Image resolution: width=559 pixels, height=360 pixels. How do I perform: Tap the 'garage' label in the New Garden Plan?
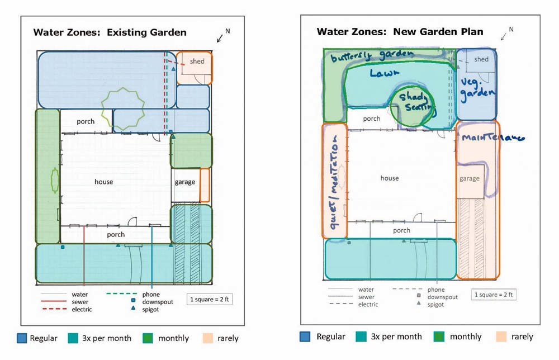pyautogui.click(x=470, y=178)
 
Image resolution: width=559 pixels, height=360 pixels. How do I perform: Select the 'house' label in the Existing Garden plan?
pyautogui.click(x=103, y=182)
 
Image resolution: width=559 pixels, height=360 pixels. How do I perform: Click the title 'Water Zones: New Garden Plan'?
pyautogui.click(x=400, y=32)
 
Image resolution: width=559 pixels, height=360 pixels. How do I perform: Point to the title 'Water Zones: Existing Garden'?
pyautogui.click(x=110, y=32)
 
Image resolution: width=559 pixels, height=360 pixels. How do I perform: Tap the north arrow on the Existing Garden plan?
pyautogui.click(x=222, y=36)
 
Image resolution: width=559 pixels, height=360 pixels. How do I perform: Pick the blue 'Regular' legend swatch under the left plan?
pyautogui.click(x=22, y=338)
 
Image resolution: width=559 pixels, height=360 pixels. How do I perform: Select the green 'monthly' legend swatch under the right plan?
pyautogui.click(x=429, y=337)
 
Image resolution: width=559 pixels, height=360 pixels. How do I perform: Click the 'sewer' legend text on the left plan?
pyautogui.click(x=80, y=301)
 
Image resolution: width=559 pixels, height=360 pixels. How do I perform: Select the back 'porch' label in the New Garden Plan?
pyautogui.click(x=372, y=119)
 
